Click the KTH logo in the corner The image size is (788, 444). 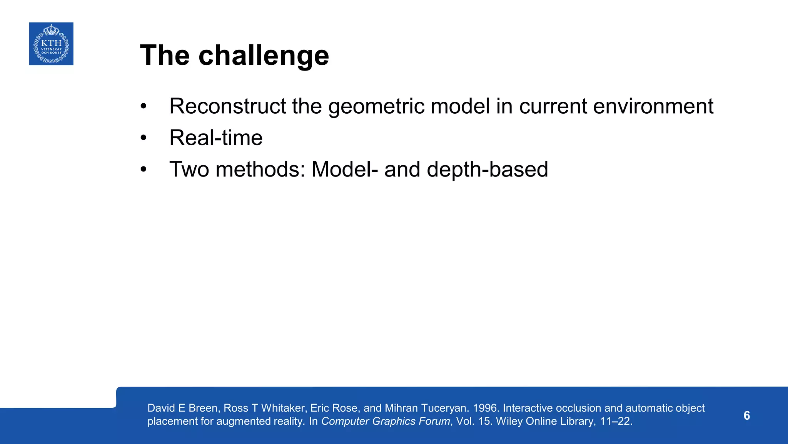coord(51,44)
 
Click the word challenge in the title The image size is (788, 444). coord(264,55)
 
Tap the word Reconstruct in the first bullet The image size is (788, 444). coord(227,106)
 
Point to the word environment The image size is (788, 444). coord(653,106)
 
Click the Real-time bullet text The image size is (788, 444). coord(215,138)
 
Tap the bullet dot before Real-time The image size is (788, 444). coord(144,138)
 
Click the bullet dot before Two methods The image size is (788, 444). coord(144,170)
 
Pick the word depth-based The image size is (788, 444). coord(487,170)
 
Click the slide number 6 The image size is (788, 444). coord(746,415)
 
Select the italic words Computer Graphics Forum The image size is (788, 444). coord(386,421)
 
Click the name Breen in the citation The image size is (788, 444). coord(203,408)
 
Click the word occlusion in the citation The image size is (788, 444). coord(578,408)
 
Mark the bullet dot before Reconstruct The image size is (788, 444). coord(144,106)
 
